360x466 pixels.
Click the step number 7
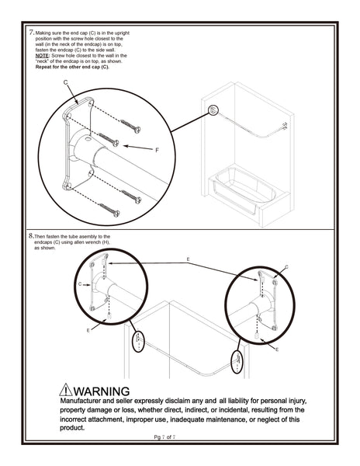(x=30, y=33)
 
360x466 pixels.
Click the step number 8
(x=30, y=236)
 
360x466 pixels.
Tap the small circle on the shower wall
(x=214, y=111)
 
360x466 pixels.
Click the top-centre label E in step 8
(x=188, y=258)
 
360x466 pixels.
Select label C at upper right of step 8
(x=286, y=267)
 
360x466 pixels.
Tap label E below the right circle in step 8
(x=276, y=349)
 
